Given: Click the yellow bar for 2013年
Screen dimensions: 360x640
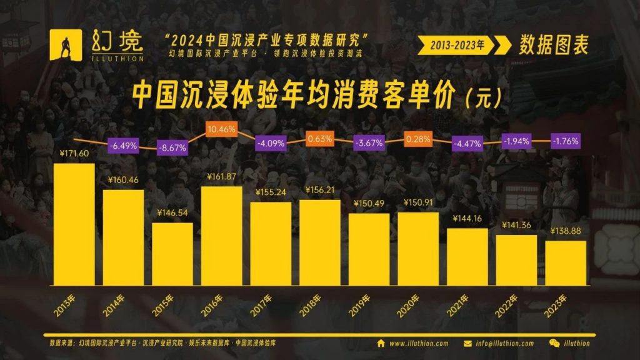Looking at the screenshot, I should [74, 224].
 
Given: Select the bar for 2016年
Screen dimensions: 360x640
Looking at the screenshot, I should [221, 235].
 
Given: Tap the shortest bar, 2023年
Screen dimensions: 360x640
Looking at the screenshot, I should [566, 262].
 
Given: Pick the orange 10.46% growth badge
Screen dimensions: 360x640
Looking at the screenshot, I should [221, 130].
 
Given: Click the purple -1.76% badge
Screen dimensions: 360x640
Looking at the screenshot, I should [565, 141].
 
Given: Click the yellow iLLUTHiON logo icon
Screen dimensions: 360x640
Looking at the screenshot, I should [66, 45].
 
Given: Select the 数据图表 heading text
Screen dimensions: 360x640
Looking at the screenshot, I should [553, 44].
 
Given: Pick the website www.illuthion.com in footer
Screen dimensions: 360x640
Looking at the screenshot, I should [419, 343].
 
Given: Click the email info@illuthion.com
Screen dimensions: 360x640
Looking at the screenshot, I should [504, 343].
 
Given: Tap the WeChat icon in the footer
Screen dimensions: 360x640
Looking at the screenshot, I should [554, 343].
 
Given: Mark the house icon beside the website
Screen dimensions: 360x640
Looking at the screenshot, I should [381, 343].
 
